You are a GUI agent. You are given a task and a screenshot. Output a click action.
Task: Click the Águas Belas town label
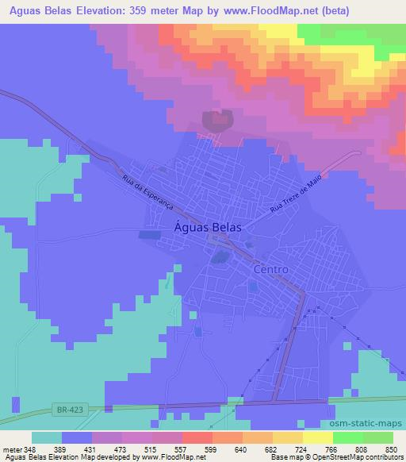coord(207,227)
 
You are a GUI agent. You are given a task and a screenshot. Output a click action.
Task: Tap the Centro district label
coord(270,270)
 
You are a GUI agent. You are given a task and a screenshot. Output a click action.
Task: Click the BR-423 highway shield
coord(70,410)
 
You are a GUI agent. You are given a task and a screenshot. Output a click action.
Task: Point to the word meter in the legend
coord(12,449)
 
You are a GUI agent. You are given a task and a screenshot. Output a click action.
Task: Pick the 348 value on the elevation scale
coord(31,449)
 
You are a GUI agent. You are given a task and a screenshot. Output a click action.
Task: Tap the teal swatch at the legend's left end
coord(47,437)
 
